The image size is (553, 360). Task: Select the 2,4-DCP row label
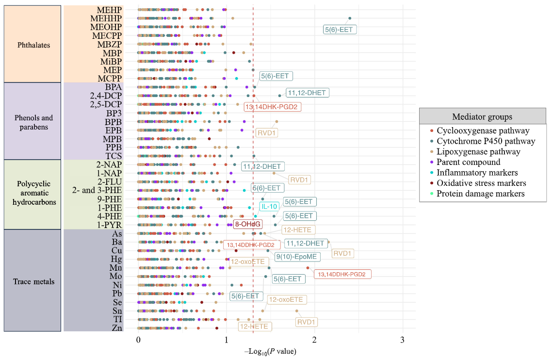pos(106,96)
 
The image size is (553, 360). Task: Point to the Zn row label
pos(116,327)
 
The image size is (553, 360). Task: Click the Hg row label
pos(116,259)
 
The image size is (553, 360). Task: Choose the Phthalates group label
pos(33,45)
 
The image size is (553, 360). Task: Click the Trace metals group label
pos(33,281)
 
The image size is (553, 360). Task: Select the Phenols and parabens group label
pos(33,122)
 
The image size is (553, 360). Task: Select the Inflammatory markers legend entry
pos(477,173)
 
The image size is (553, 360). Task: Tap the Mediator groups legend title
pos(482,116)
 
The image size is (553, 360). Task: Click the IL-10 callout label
pos(269,206)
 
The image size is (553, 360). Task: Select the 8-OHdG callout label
pos(248,224)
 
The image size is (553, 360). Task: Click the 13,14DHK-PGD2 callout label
pos(273,107)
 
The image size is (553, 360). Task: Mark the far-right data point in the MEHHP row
pos(350,18)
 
